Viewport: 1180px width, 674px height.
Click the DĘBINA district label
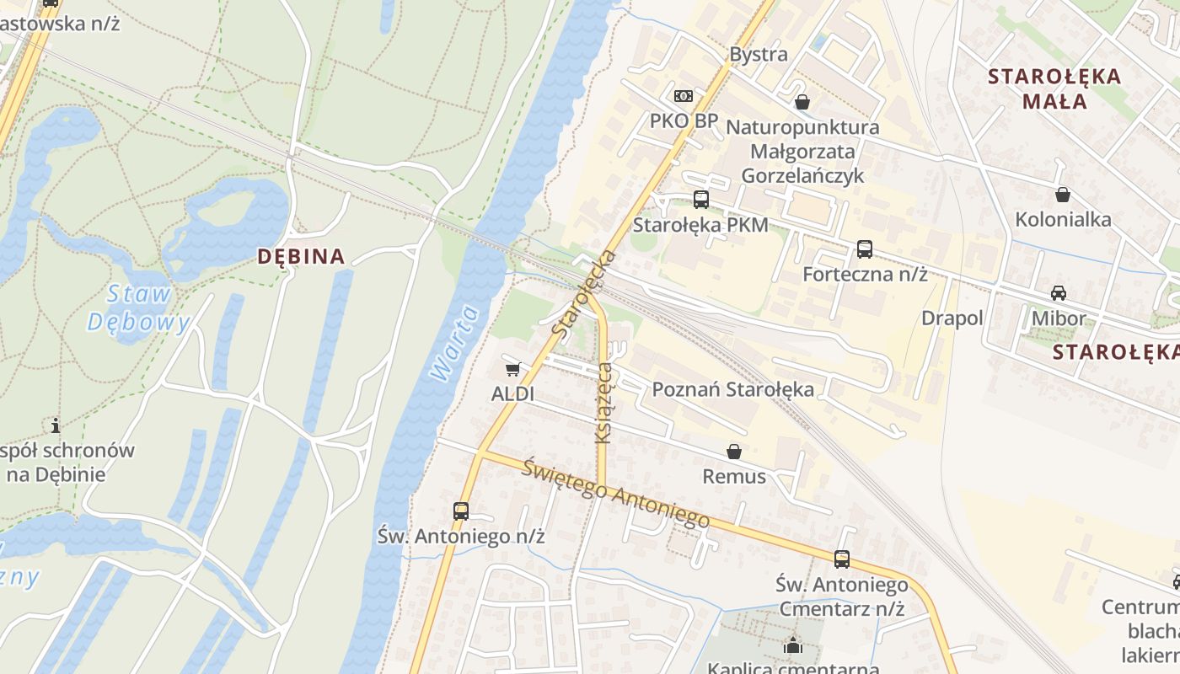(x=301, y=256)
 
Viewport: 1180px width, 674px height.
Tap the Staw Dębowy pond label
(x=139, y=308)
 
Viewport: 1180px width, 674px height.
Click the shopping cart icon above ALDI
(x=512, y=369)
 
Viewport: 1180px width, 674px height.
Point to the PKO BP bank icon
(x=683, y=96)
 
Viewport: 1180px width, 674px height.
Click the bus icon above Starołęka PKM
(x=700, y=200)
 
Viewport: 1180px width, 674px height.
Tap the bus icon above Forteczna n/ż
(x=864, y=249)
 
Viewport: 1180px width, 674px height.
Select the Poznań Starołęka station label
(x=733, y=389)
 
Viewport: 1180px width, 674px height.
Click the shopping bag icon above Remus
(x=734, y=452)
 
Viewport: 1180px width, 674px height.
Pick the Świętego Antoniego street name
(x=615, y=493)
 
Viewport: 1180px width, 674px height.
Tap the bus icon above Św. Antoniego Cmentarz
(x=841, y=559)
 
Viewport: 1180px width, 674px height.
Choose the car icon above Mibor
(x=1058, y=293)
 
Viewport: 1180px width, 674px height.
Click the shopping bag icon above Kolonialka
(x=1063, y=195)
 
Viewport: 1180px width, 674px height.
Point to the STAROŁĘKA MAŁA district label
(x=1054, y=88)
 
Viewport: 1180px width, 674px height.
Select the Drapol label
(x=952, y=318)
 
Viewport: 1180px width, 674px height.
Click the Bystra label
(x=759, y=55)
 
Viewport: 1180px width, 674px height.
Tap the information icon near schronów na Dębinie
(x=56, y=425)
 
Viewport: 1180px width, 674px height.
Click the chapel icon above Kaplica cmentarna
(x=792, y=646)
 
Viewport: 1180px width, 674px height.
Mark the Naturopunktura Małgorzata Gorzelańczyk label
(x=802, y=152)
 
